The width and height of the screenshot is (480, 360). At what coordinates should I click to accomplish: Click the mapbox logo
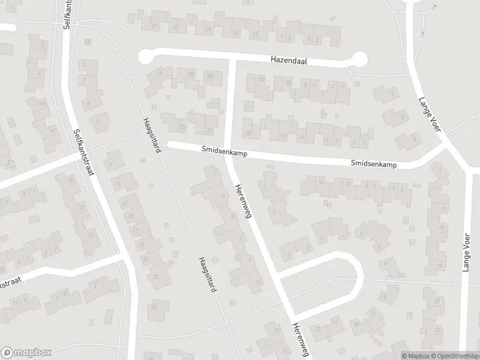click(26, 352)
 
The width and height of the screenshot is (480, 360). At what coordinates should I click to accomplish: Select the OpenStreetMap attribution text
click(457, 355)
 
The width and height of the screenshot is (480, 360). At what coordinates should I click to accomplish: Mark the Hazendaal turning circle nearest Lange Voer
click(359, 59)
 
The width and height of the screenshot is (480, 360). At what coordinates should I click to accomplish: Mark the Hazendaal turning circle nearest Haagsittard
click(145, 57)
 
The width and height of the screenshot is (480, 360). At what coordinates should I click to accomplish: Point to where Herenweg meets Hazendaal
click(232, 60)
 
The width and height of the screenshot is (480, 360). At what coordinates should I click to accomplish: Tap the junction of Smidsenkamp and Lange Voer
click(445, 148)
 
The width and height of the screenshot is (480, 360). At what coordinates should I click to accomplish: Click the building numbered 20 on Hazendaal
click(209, 76)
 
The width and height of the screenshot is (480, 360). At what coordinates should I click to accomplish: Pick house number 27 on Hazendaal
click(155, 26)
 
